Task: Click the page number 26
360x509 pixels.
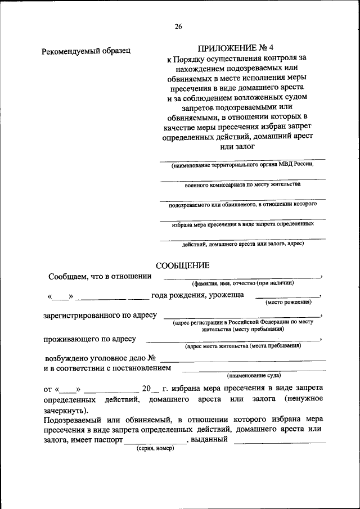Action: coord(179,26)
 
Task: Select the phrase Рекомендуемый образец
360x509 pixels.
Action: coord(86,52)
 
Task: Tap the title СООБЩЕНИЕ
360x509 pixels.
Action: coord(186,265)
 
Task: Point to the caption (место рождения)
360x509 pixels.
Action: coord(288,303)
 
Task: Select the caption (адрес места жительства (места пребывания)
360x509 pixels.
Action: coord(242,346)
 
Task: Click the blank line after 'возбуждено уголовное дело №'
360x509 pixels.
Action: coord(242,359)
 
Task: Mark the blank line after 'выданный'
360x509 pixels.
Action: coord(280,442)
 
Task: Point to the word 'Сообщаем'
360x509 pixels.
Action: coord(67,276)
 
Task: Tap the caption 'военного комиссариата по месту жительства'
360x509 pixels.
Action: coord(242,184)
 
